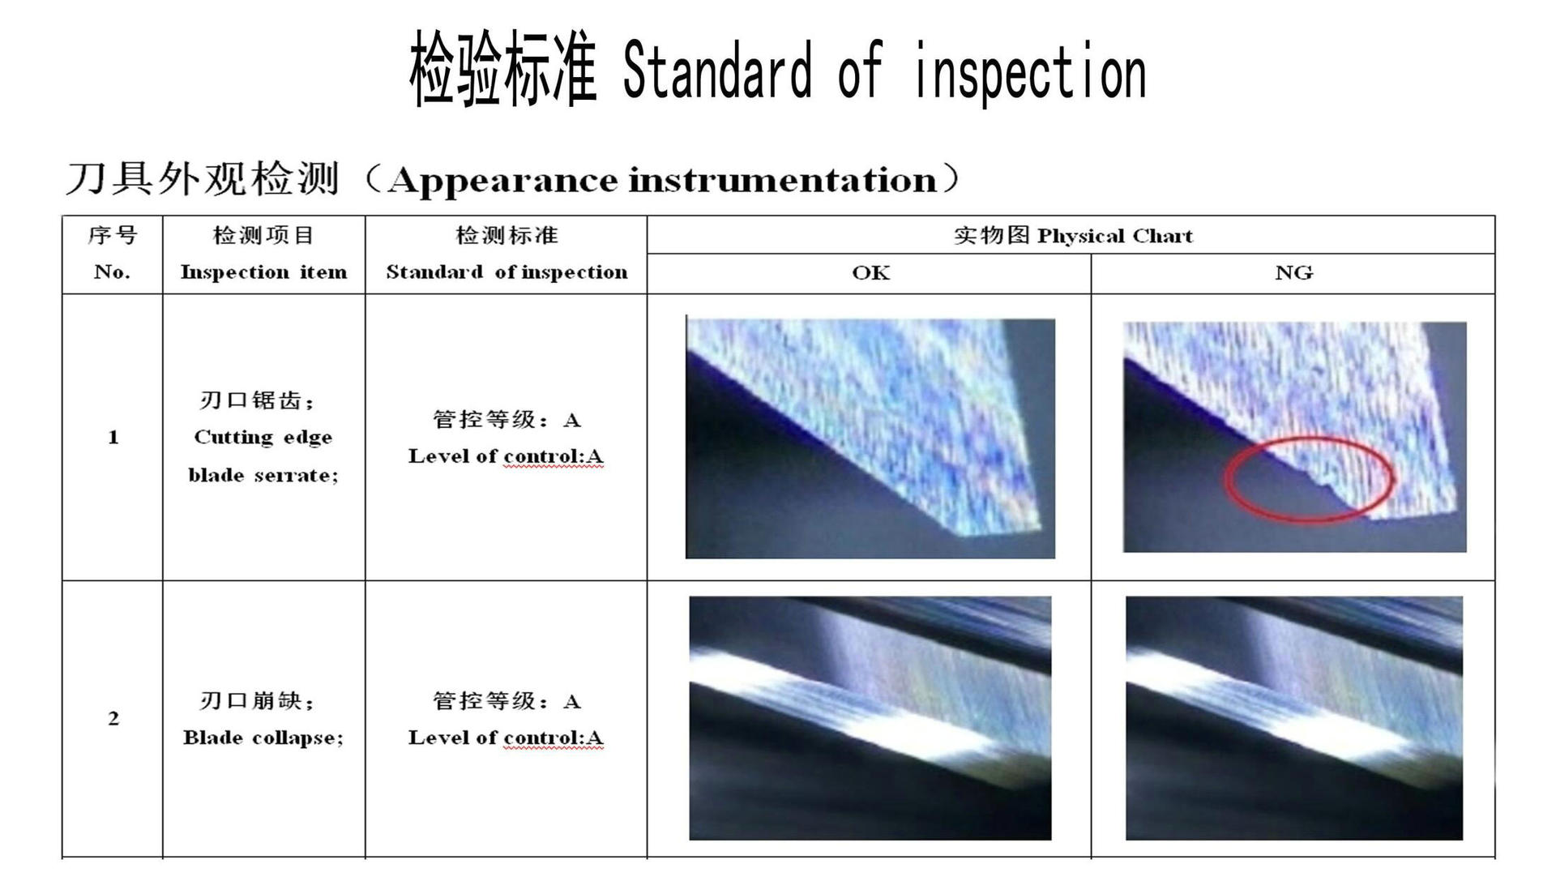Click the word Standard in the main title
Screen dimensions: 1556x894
(x=717, y=71)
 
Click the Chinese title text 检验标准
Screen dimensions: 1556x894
(x=503, y=69)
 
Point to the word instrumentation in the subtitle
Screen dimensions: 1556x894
(x=783, y=179)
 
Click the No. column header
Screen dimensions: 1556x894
(x=112, y=272)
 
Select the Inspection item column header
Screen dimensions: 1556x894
(x=263, y=272)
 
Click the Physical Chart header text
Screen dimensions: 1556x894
(x=1115, y=236)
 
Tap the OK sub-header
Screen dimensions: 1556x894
(x=870, y=272)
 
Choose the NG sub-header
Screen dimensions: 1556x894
(x=1293, y=272)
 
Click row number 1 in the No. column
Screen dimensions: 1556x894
(x=113, y=438)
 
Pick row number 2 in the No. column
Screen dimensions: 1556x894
(x=113, y=718)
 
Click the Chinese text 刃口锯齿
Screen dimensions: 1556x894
(x=250, y=400)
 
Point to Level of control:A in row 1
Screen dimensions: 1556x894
(x=506, y=456)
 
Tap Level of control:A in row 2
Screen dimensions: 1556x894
(x=506, y=738)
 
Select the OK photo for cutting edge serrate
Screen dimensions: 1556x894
(x=870, y=438)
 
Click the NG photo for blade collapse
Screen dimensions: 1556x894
(x=1294, y=718)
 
